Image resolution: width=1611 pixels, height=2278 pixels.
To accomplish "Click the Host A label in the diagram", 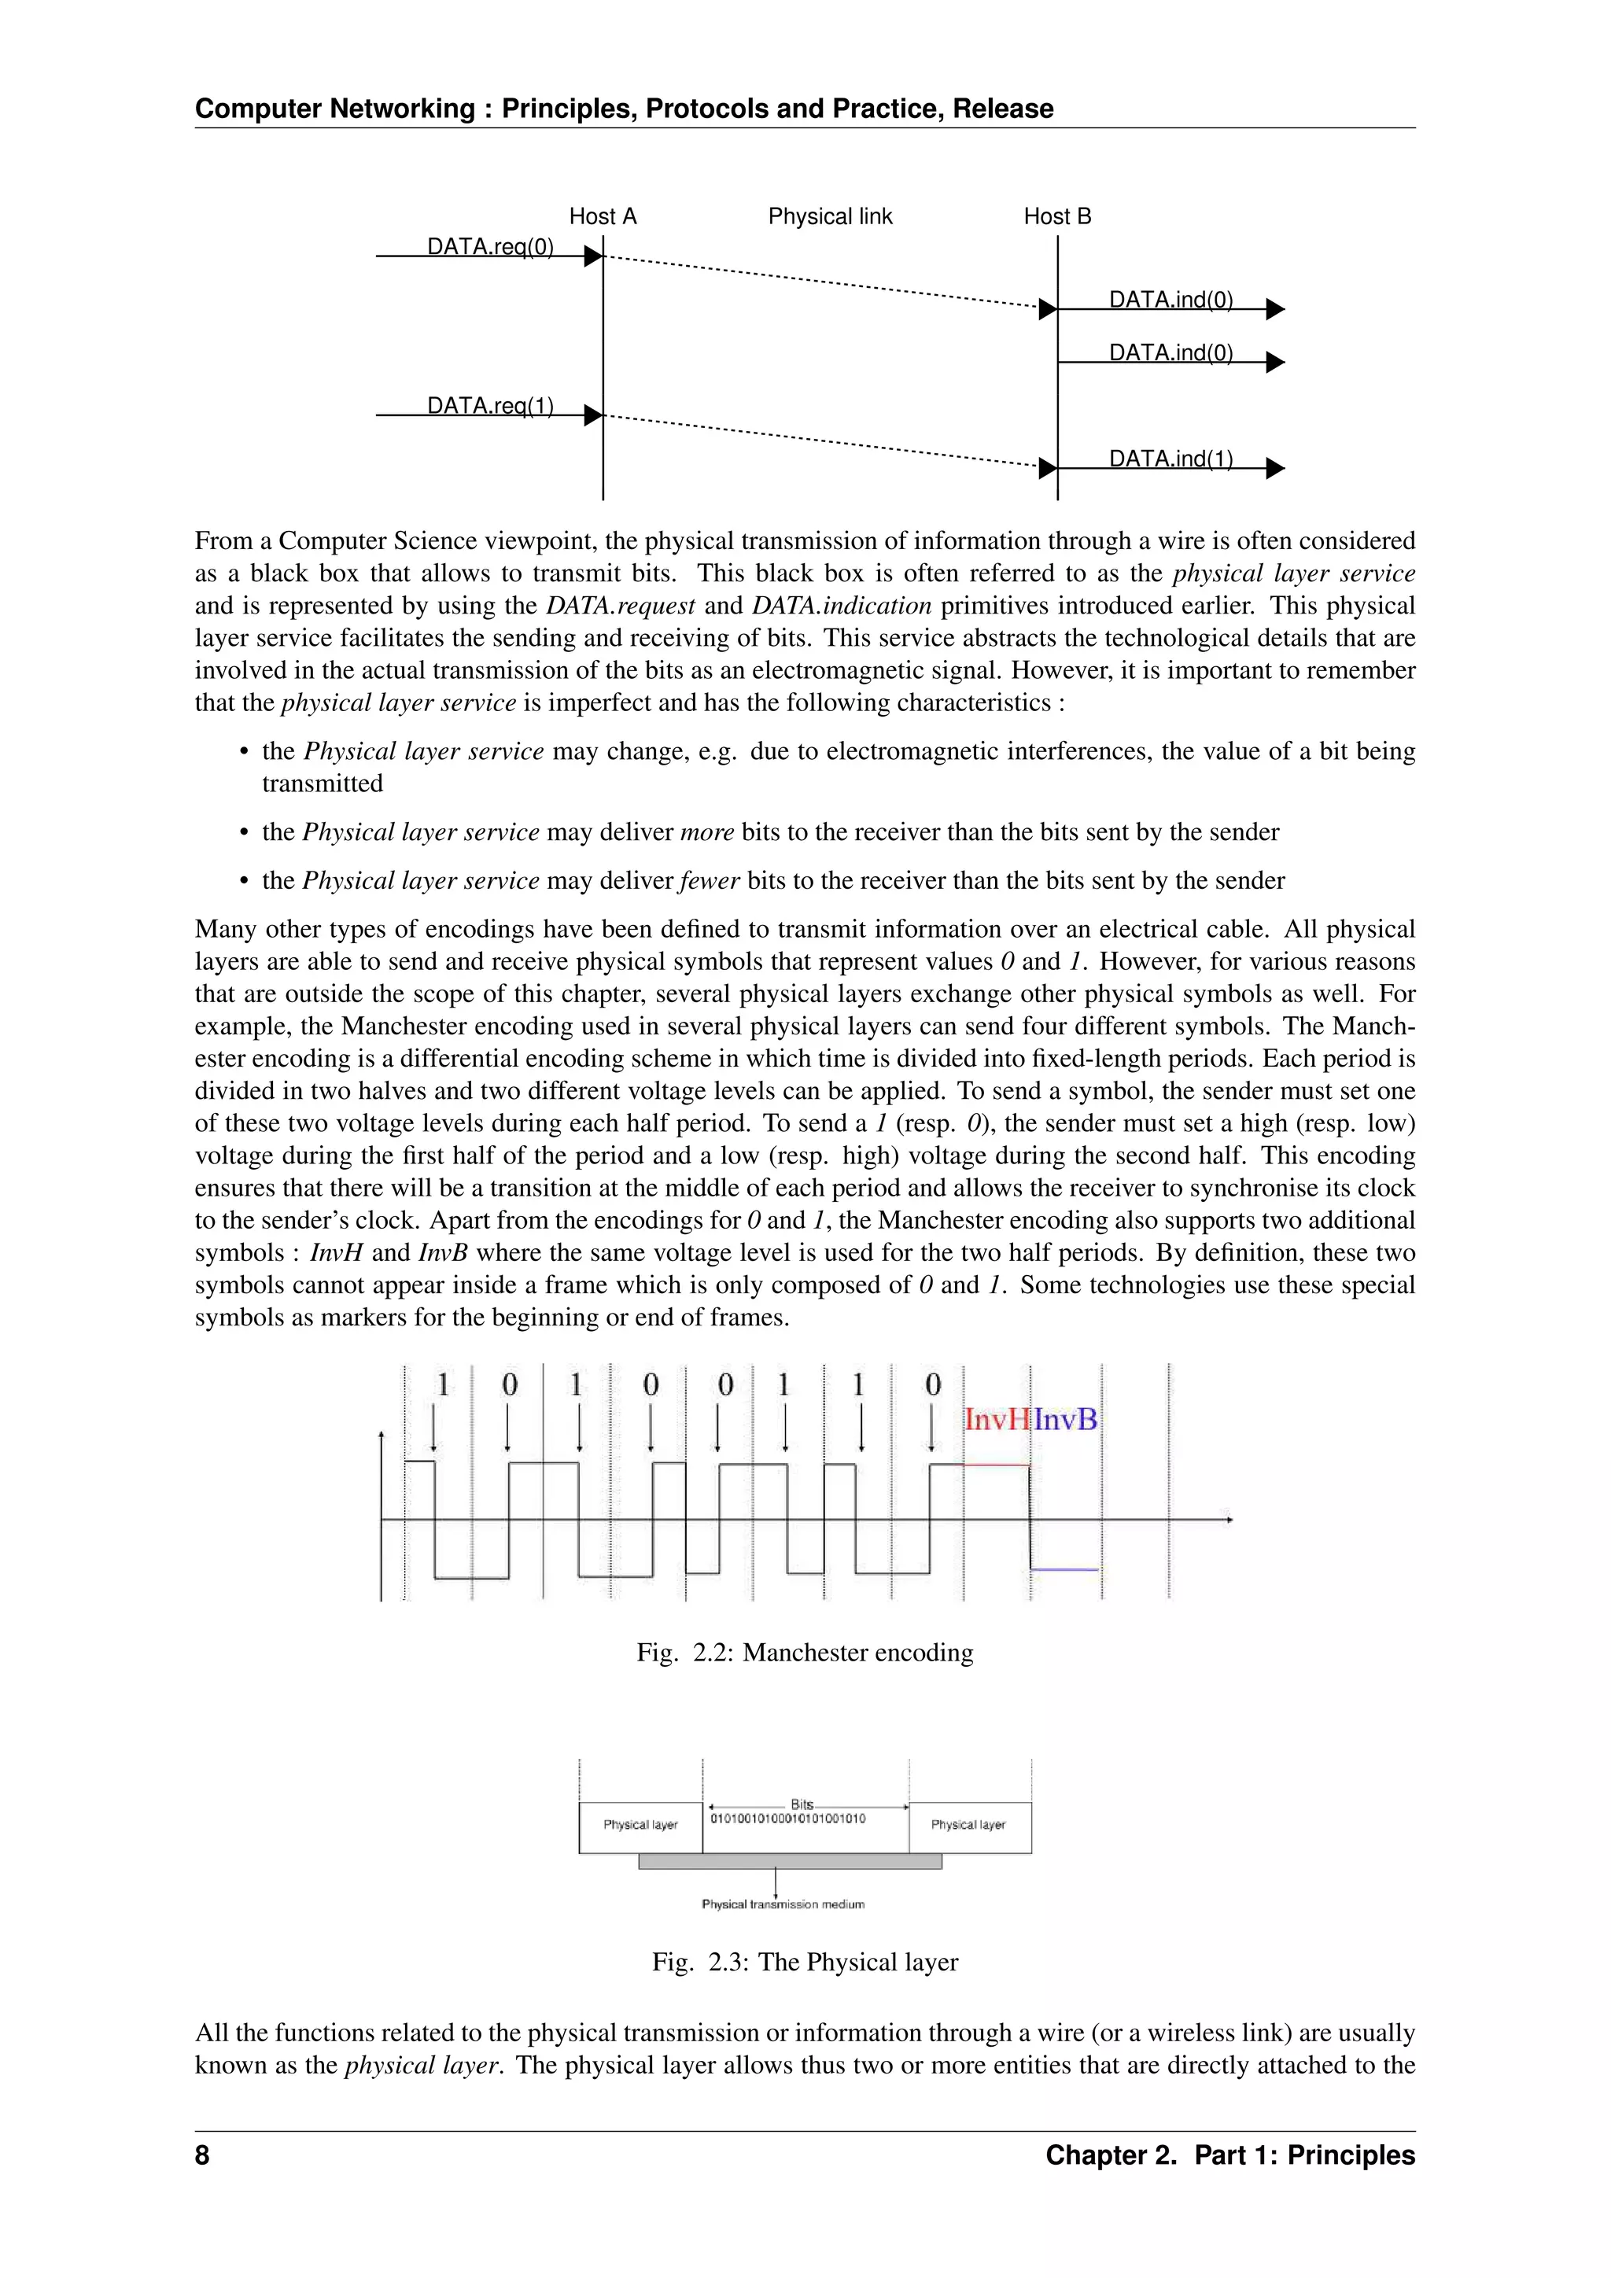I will [x=602, y=216].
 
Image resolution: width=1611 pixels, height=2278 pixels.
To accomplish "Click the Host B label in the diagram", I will [x=1056, y=216].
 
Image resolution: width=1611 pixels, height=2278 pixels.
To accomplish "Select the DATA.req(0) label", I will [x=490, y=246].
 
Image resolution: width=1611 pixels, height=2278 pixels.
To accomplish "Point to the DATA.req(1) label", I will [x=490, y=405].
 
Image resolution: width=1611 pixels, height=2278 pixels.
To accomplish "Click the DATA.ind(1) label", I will [x=1170, y=459].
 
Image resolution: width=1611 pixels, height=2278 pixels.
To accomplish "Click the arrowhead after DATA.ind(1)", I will [x=1276, y=468].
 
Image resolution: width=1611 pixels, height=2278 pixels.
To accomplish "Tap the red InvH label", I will [x=996, y=1420].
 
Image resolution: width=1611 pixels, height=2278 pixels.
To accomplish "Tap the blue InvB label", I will [x=1065, y=1420].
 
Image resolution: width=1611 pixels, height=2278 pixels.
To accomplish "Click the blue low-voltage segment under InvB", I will [x=1064, y=1569].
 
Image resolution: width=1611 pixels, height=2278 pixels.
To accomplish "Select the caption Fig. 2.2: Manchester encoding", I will [x=805, y=1652].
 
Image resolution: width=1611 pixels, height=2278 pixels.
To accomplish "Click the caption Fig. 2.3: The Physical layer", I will [x=805, y=1962].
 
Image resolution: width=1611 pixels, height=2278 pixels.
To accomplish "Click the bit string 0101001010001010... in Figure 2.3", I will [x=787, y=1819].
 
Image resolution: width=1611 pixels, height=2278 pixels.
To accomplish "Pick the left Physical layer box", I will [x=640, y=1826].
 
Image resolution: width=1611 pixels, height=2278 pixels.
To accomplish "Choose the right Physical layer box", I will [x=969, y=1826].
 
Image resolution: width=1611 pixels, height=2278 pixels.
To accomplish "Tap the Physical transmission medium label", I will [x=783, y=1904].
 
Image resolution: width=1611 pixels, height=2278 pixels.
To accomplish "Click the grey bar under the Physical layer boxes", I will [x=790, y=1861].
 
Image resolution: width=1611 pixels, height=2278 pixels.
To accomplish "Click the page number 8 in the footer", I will [x=202, y=2155].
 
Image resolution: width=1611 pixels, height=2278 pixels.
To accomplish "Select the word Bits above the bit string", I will [x=802, y=1804].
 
